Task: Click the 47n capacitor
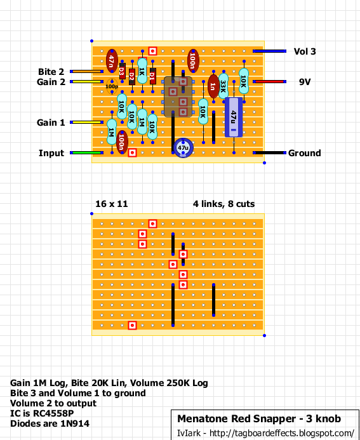click(x=112, y=61)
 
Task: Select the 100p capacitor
click(x=112, y=87)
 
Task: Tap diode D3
click(x=122, y=71)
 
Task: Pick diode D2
click(x=132, y=77)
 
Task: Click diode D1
click(x=152, y=76)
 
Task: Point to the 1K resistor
click(x=142, y=71)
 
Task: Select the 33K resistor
click(x=223, y=86)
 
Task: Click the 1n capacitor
click(x=213, y=86)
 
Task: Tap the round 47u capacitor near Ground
click(x=183, y=147)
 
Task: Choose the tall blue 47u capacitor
click(x=234, y=117)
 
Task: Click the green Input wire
click(x=87, y=152)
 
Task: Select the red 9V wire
click(x=269, y=82)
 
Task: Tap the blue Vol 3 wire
click(x=269, y=51)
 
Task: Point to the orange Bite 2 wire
click(x=87, y=72)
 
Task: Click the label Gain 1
click(x=51, y=123)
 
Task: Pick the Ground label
click(x=304, y=153)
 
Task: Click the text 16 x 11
click(x=112, y=204)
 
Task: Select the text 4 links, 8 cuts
click(x=224, y=204)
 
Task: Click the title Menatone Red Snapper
click(x=237, y=418)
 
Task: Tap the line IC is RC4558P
click(x=42, y=413)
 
